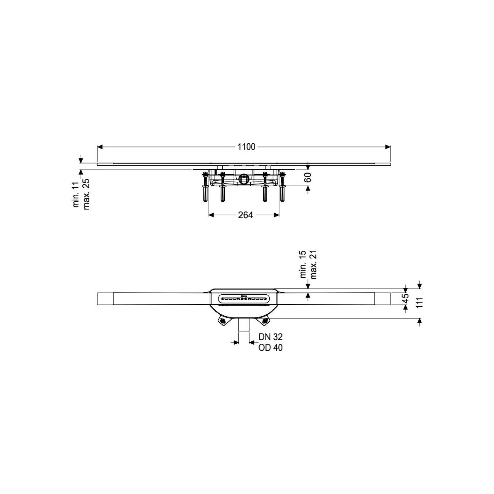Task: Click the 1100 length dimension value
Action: [246, 147]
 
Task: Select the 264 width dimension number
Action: [245, 215]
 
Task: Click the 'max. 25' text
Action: [86, 194]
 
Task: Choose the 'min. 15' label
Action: [303, 264]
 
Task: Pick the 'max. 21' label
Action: [313, 265]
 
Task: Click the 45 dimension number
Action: [405, 298]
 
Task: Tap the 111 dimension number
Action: [419, 303]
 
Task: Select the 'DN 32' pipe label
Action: [270, 337]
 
